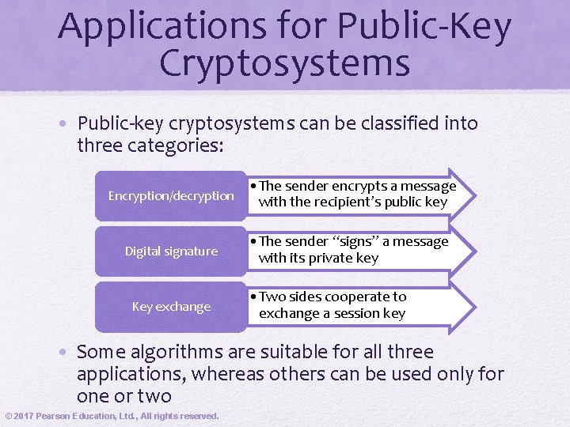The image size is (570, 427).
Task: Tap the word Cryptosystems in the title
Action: point(285,63)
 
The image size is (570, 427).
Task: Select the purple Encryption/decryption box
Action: point(171,195)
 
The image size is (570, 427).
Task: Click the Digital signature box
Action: point(171,251)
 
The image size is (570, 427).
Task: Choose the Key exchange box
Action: point(171,307)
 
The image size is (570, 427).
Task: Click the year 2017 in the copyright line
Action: point(26,416)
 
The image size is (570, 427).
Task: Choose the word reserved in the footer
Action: point(195,416)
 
